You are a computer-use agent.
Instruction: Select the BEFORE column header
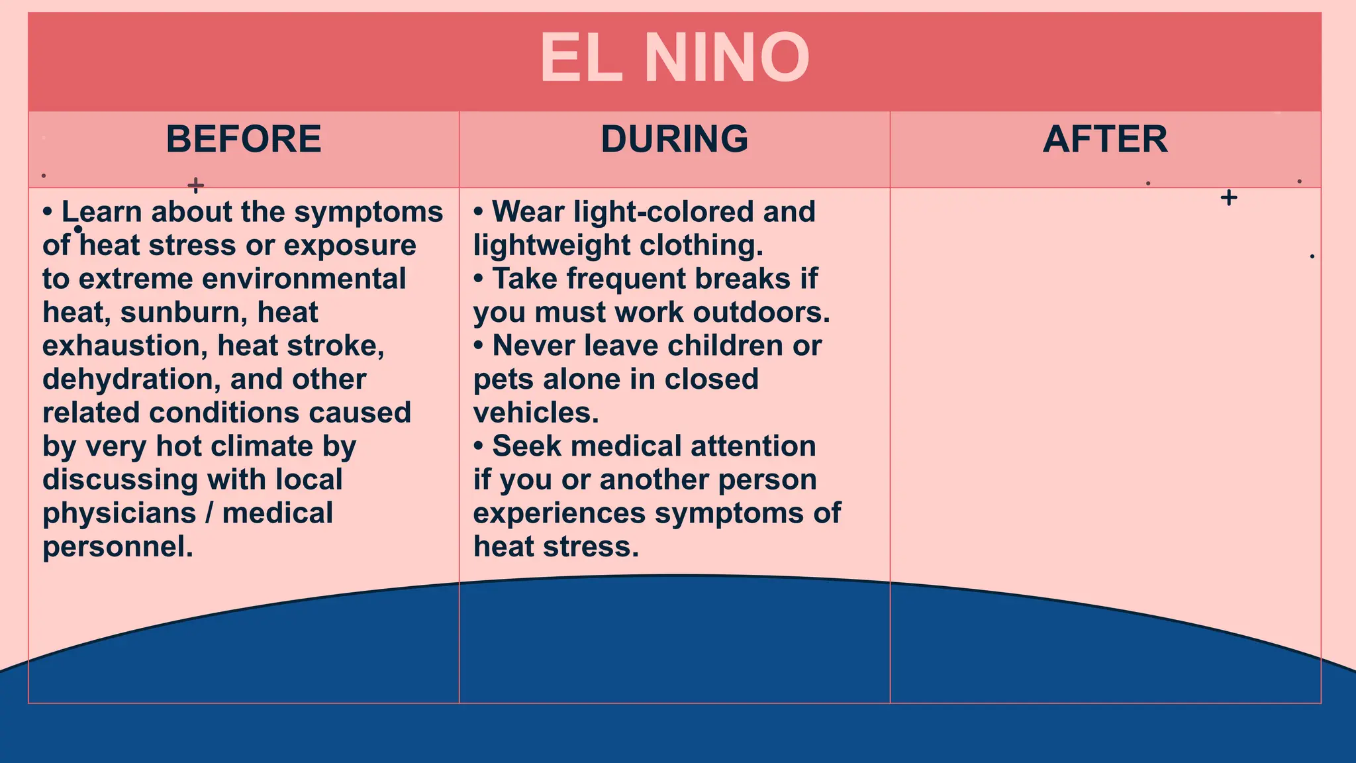tap(244, 139)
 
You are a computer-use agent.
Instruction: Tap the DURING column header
tap(674, 139)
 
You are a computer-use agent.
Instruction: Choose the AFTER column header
tap(1105, 139)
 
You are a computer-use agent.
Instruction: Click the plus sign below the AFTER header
tap(1229, 197)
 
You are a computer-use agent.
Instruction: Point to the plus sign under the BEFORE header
tap(195, 185)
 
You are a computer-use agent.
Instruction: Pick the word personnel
tap(117, 547)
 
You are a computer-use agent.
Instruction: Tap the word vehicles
tap(536, 413)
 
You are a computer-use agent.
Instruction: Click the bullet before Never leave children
tap(479, 346)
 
